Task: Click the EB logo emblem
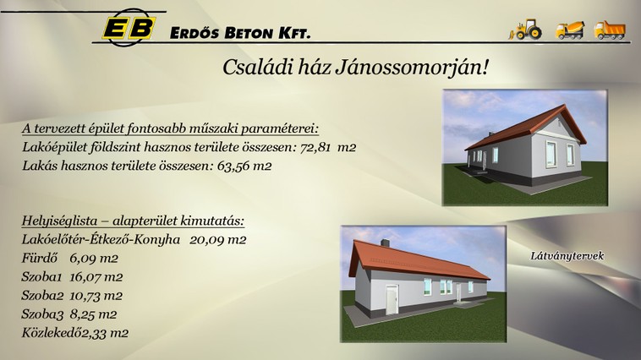click(129, 27)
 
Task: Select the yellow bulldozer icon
click(526, 30)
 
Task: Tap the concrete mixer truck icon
click(569, 30)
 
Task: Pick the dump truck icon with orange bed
click(610, 30)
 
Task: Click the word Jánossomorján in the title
click(412, 68)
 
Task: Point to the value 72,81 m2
click(328, 147)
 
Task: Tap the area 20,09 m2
click(218, 239)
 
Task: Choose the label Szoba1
click(41, 277)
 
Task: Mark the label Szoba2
click(42, 296)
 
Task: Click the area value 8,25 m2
click(93, 314)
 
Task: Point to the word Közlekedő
click(52, 333)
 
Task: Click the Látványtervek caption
click(567, 256)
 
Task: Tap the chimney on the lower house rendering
click(385, 243)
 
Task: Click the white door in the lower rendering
click(392, 300)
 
